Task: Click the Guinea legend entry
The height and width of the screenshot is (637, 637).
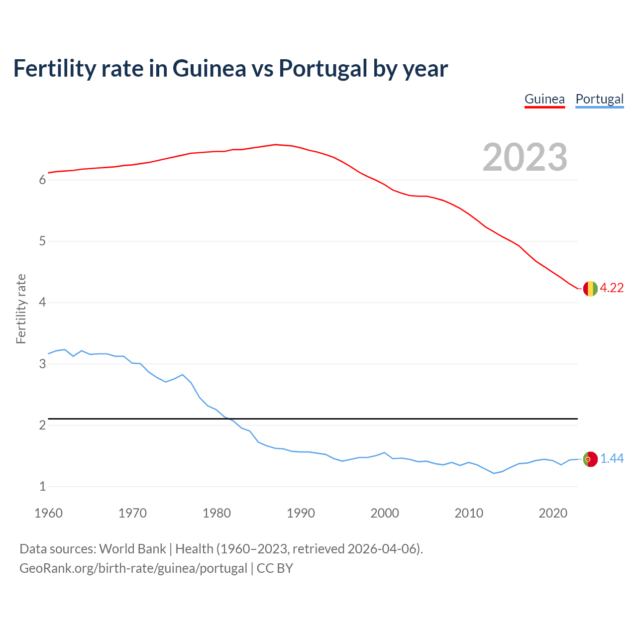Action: pyautogui.click(x=544, y=99)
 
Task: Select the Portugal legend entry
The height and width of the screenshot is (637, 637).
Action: pyautogui.click(x=599, y=99)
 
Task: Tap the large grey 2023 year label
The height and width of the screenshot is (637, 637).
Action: pyautogui.click(x=525, y=157)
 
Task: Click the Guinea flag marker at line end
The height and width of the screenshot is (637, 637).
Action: pyautogui.click(x=590, y=289)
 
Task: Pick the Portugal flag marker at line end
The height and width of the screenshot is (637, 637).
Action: pyautogui.click(x=590, y=459)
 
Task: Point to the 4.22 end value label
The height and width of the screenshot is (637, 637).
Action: pyautogui.click(x=612, y=288)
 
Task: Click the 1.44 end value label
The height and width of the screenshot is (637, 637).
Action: pyautogui.click(x=612, y=459)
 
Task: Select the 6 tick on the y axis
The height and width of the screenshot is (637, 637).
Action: pyautogui.click(x=42, y=180)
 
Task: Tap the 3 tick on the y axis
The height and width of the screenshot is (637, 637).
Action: pyautogui.click(x=42, y=364)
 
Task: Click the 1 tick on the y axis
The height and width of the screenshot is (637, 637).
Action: pyautogui.click(x=42, y=487)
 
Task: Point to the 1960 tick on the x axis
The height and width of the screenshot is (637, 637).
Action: pyautogui.click(x=48, y=513)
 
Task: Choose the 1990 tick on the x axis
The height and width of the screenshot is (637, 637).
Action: pyautogui.click(x=301, y=513)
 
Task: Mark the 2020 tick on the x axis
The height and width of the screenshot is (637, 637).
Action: pyautogui.click(x=553, y=513)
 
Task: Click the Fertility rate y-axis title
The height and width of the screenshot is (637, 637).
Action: pyautogui.click(x=21, y=309)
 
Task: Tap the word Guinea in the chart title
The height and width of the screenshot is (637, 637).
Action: pyautogui.click(x=209, y=69)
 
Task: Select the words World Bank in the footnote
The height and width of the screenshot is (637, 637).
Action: pyautogui.click(x=132, y=549)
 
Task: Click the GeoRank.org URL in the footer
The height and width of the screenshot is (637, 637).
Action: pyautogui.click(x=133, y=568)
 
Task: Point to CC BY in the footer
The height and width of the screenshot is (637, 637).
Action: pyautogui.click(x=275, y=568)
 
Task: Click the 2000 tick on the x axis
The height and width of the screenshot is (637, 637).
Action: pyautogui.click(x=385, y=513)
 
